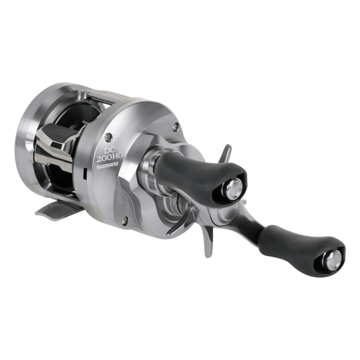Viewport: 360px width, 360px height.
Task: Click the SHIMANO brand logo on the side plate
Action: coord(107,166)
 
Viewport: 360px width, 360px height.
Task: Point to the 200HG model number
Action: coord(110,158)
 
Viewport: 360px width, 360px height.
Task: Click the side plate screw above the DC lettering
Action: coord(108,137)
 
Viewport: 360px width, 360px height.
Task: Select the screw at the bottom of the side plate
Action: coord(125,220)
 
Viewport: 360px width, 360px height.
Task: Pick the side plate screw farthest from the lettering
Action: coord(176,126)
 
